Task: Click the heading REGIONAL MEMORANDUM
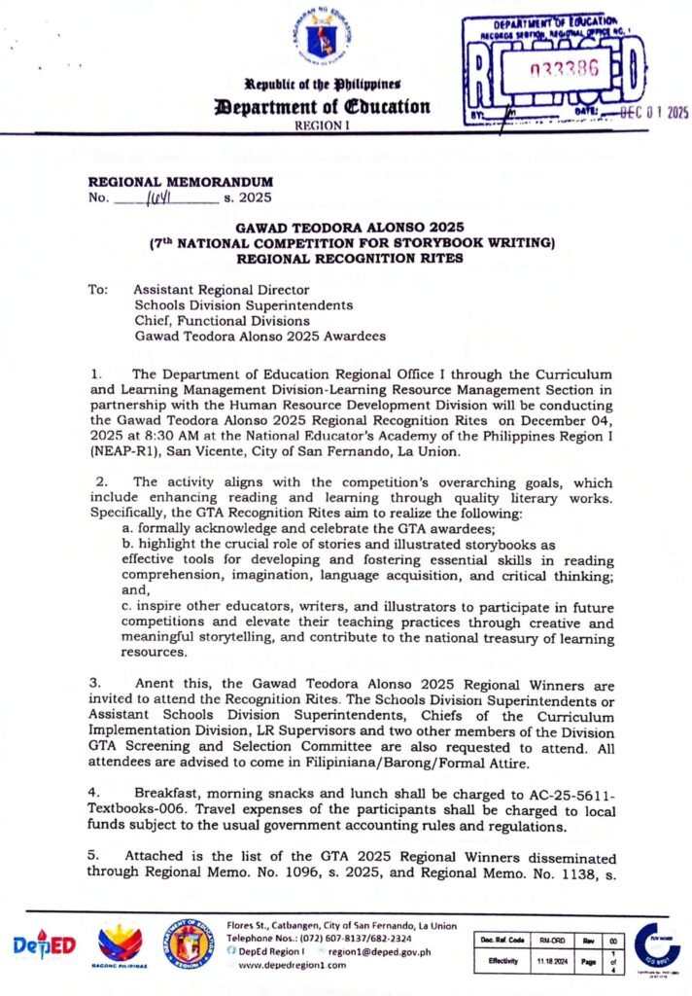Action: click(181, 182)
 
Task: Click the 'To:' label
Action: click(98, 289)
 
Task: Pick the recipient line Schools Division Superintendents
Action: click(243, 304)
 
